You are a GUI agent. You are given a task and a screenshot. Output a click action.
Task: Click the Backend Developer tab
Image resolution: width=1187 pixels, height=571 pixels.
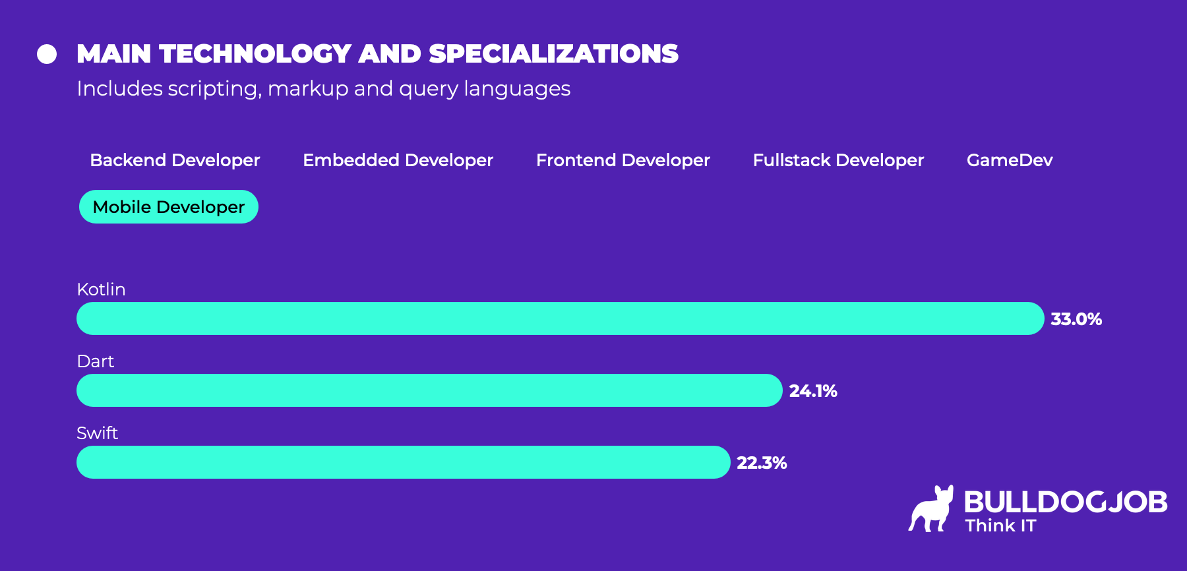point(175,160)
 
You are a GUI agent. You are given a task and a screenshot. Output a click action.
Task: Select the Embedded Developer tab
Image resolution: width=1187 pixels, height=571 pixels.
point(398,160)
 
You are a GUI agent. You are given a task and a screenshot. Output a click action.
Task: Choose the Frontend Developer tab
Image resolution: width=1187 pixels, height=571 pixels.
point(623,160)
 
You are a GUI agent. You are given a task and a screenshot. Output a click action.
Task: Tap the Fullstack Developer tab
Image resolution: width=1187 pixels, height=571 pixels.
point(838,160)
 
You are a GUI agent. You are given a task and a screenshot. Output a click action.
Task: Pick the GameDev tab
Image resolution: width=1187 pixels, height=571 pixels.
point(1009,160)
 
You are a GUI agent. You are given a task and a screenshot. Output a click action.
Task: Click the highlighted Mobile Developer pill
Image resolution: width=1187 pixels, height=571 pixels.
point(169,207)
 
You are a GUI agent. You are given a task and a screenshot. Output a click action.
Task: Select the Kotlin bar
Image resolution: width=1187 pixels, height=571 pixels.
point(560,318)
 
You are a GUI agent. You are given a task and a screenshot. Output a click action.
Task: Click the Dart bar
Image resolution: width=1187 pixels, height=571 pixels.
point(429,390)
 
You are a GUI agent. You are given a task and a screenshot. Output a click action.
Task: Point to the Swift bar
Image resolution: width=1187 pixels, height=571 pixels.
point(403,462)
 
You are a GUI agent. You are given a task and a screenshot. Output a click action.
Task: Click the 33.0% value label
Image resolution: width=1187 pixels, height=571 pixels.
point(1076,319)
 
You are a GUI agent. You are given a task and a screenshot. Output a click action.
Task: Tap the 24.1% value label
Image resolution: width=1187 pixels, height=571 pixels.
point(812,391)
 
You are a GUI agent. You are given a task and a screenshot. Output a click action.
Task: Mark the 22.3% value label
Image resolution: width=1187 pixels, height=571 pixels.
point(761,463)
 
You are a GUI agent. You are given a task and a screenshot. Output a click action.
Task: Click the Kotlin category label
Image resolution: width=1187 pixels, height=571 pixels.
point(101,289)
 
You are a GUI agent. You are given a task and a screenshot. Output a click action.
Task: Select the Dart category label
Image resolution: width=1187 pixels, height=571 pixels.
point(95,361)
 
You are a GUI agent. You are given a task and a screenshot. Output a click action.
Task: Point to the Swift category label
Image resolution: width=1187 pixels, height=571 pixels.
point(97,433)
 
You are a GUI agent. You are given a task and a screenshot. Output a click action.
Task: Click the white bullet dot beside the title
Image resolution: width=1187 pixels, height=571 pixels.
point(47,54)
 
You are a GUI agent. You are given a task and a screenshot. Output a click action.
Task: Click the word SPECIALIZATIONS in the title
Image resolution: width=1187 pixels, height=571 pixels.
point(553,54)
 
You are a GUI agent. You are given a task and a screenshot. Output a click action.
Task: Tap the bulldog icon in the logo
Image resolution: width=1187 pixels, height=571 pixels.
point(931,509)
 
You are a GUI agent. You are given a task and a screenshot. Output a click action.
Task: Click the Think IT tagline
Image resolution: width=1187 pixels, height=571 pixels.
point(1000,526)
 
